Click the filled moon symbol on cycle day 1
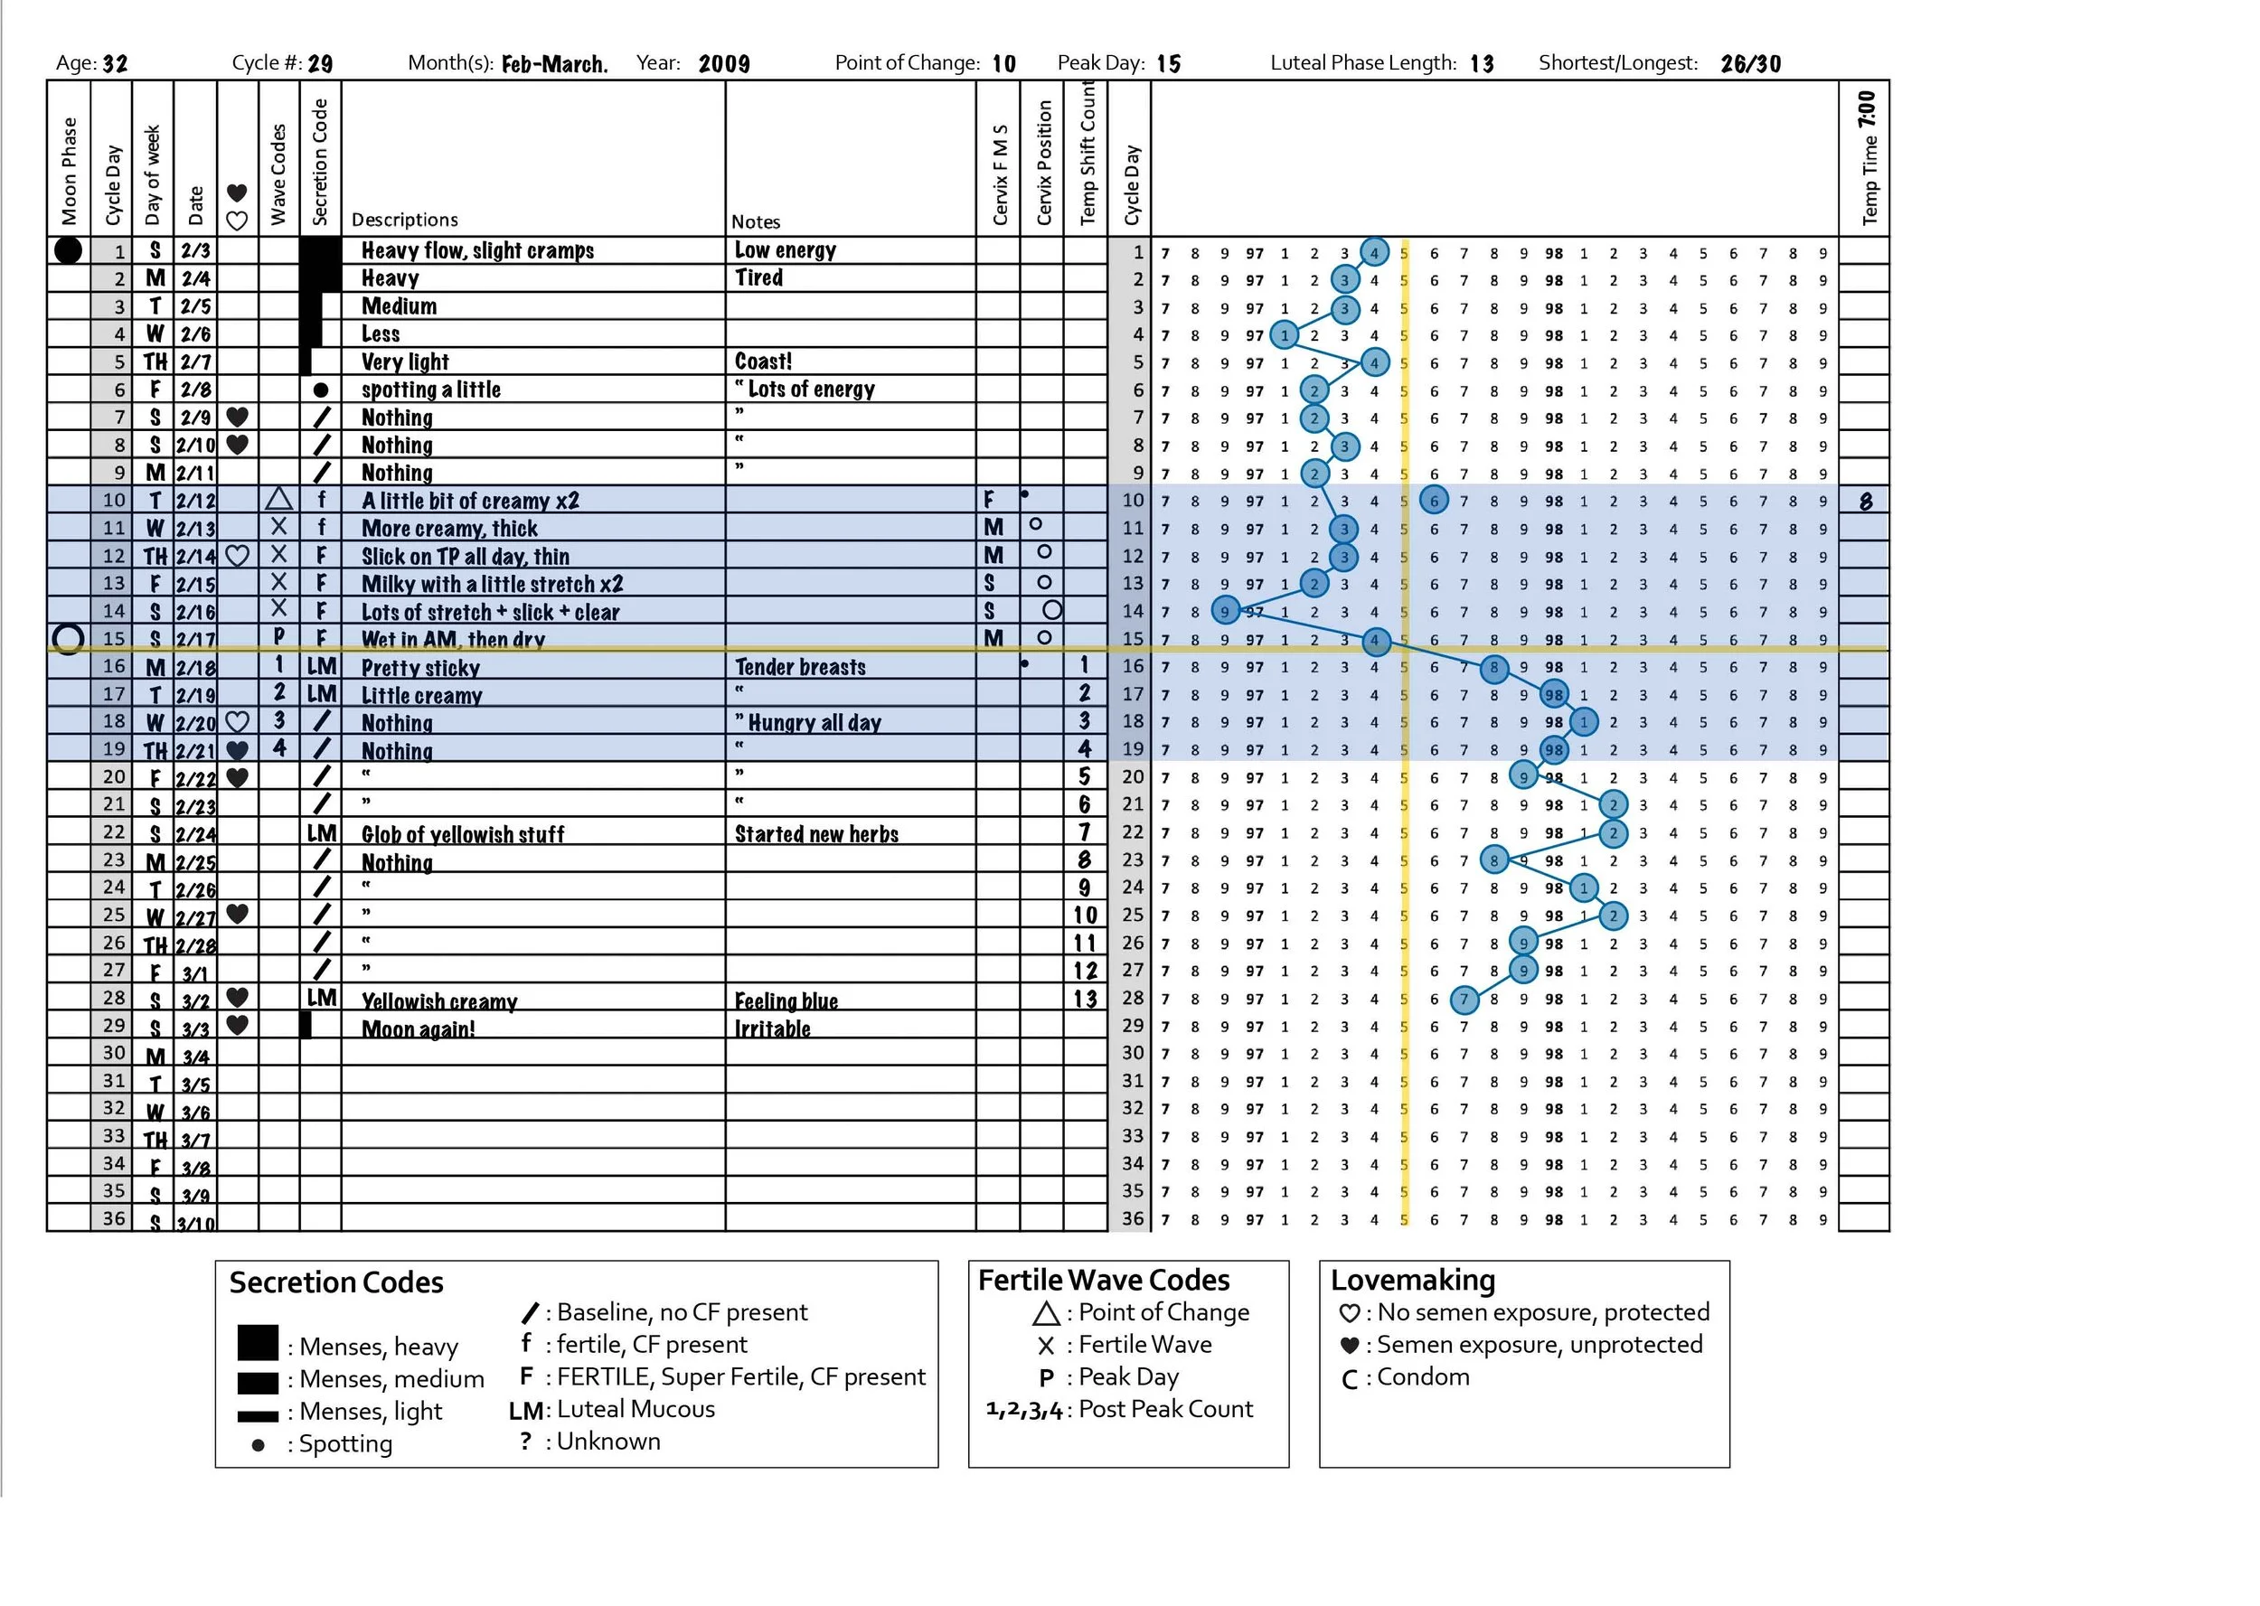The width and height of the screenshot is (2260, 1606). [67, 250]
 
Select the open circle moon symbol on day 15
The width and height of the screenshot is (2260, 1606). [67, 639]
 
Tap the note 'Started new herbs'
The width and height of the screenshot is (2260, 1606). [816, 833]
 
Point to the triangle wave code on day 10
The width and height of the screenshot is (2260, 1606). [279, 500]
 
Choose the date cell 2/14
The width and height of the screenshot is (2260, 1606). [195, 556]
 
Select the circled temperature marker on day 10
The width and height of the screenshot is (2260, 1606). [1433, 501]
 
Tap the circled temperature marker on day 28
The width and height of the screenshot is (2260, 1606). [1464, 1000]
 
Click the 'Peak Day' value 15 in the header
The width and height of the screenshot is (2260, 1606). [1168, 64]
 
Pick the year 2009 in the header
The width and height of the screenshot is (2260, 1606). [723, 64]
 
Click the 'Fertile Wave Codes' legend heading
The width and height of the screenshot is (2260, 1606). [1103, 1281]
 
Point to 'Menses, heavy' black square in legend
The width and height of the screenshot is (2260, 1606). [257, 1343]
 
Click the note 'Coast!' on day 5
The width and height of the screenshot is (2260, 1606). [763, 361]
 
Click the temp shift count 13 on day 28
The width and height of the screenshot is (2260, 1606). [1085, 999]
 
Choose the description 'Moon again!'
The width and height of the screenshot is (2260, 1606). [418, 1029]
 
